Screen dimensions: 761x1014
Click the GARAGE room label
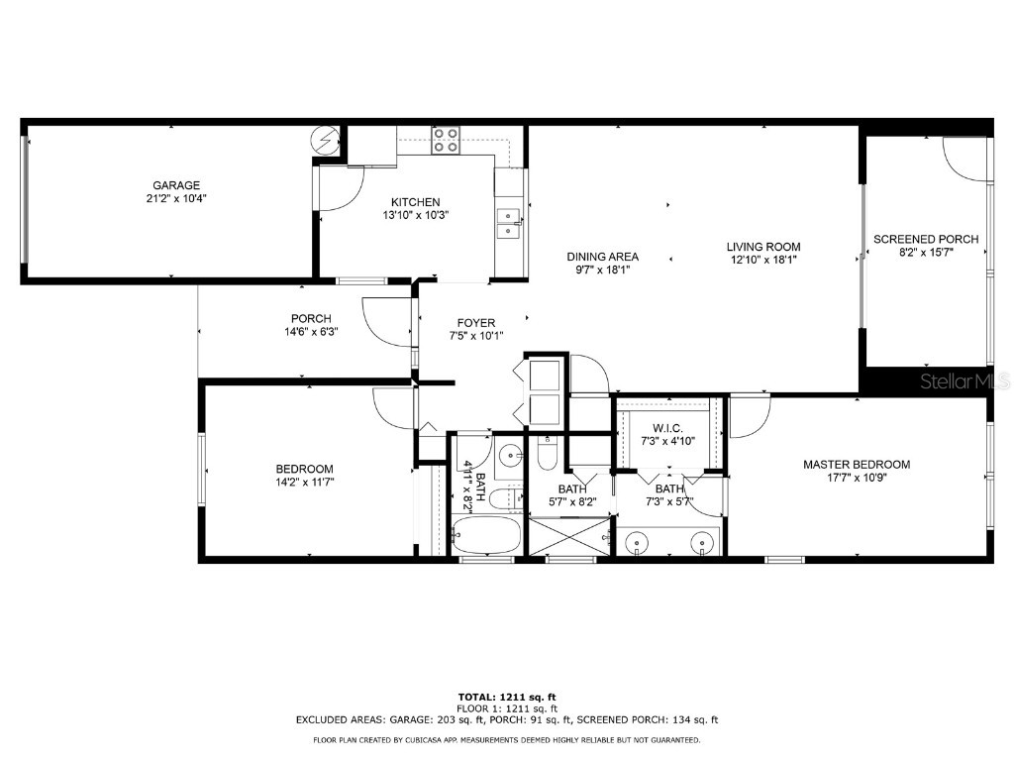pyautogui.click(x=176, y=185)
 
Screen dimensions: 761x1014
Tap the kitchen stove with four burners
pyautogui.click(x=446, y=142)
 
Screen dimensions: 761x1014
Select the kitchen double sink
pyautogui.click(x=509, y=224)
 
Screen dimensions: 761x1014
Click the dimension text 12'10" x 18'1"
pyautogui.click(x=762, y=260)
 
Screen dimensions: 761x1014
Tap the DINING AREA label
pyautogui.click(x=602, y=256)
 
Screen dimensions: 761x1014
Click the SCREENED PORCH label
pyautogui.click(x=925, y=239)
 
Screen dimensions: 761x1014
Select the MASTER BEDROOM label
pyautogui.click(x=856, y=464)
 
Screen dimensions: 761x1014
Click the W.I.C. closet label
pyautogui.click(x=667, y=428)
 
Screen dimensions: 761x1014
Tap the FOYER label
pyautogui.click(x=475, y=323)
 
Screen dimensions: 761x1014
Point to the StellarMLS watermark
pyautogui.click(x=964, y=380)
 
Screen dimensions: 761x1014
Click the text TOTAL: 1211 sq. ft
pyautogui.click(x=506, y=698)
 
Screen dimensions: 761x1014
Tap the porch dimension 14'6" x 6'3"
pyautogui.click(x=311, y=332)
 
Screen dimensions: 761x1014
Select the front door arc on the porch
pyautogui.click(x=386, y=319)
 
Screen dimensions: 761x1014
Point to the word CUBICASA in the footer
pyautogui.click(x=441, y=740)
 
